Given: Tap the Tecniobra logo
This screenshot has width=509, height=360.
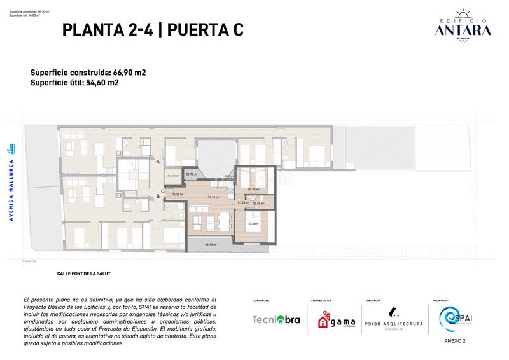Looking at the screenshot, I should point(276,320).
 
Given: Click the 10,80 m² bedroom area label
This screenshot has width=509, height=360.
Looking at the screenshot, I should point(253,223).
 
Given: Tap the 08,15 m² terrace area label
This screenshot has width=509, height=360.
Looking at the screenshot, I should point(211,244).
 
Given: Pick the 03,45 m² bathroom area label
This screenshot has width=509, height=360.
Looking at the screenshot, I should point(258,204).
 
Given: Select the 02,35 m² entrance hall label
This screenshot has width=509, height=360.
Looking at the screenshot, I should point(177,195).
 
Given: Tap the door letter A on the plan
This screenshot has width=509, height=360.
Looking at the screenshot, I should point(158,162).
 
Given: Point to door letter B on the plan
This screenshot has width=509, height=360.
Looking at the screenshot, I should point(158,197).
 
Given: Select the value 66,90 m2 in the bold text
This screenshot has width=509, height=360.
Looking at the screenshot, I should point(127,73).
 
